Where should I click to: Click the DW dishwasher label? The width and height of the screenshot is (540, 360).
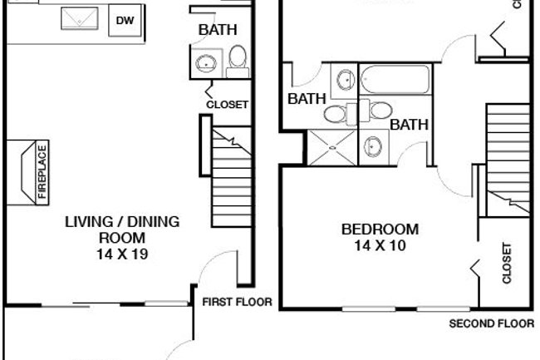(x=125, y=20)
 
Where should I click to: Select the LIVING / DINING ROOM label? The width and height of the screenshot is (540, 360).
(x=121, y=230)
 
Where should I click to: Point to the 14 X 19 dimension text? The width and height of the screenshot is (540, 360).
(x=121, y=254)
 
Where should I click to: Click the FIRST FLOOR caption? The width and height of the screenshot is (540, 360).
(x=237, y=302)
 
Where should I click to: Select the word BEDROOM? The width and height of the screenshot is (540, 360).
(x=380, y=229)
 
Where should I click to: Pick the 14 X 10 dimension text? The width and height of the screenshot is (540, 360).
(x=380, y=245)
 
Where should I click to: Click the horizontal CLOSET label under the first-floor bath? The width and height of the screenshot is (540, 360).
(x=228, y=105)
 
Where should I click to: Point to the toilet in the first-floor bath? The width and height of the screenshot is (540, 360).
(x=238, y=58)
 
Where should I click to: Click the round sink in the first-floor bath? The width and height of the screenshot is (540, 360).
(x=204, y=61)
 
